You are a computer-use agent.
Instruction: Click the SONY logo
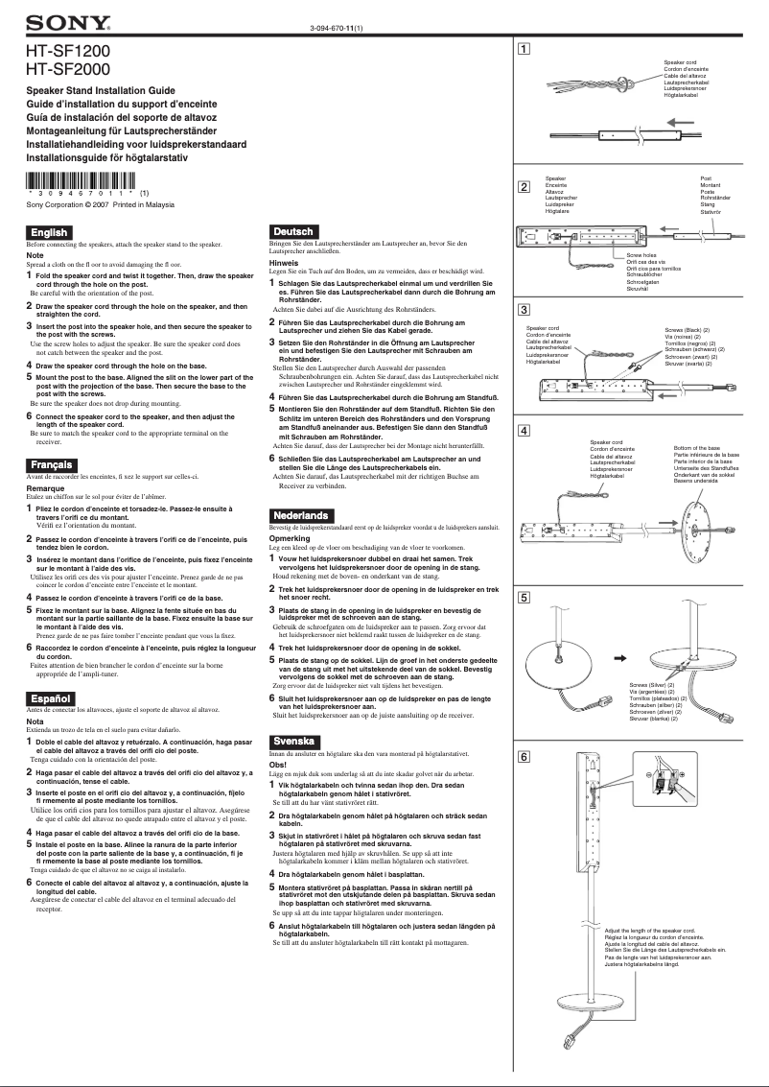[67, 22]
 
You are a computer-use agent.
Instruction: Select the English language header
[50, 232]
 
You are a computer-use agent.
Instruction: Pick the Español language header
[51, 697]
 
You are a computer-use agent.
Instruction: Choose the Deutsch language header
[293, 232]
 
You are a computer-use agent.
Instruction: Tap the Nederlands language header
[302, 516]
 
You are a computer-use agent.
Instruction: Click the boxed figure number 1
[524, 47]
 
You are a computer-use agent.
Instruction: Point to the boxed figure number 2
[524, 185]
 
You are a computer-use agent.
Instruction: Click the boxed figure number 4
[524, 429]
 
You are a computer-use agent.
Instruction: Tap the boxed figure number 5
[524, 598]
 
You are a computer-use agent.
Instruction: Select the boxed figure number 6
[524, 758]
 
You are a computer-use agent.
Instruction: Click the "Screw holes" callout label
[641, 254]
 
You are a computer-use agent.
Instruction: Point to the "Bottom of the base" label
[697, 448]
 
